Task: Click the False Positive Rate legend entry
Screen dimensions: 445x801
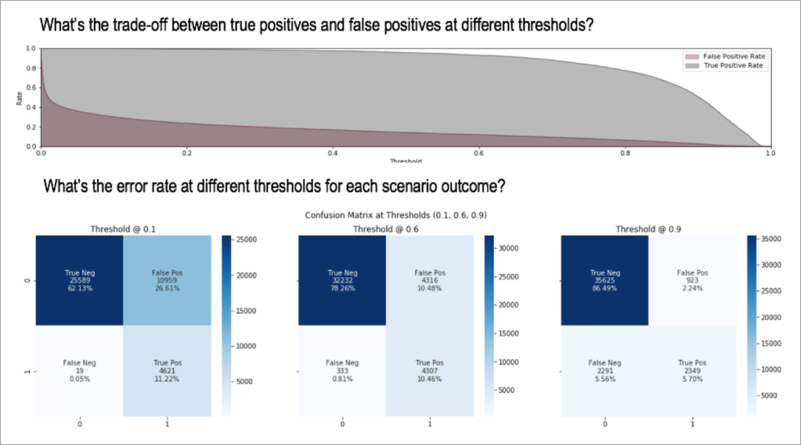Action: (x=734, y=56)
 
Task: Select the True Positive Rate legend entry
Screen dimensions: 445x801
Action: (x=734, y=64)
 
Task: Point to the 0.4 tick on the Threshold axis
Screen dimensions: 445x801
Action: (x=332, y=153)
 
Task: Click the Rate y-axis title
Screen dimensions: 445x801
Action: (x=20, y=97)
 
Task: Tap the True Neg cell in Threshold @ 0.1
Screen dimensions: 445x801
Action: (x=80, y=281)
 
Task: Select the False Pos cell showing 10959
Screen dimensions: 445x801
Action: (x=168, y=281)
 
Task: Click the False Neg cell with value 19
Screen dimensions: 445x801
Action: (x=80, y=371)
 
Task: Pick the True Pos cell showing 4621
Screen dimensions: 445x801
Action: (x=168, y=371)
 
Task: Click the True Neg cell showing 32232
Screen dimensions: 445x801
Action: (x=343, y=281)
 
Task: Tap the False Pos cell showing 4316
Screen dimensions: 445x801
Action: (x=430, y=281)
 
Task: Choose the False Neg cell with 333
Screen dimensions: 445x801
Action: (x=343, y=371)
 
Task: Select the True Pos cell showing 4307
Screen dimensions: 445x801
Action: (x=430, y=371)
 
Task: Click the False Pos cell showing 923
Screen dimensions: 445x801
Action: (x=693, y=281)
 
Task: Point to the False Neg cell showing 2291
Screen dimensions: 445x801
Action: (x=605, y=371)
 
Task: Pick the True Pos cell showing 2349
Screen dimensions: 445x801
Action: (x=693, y=371)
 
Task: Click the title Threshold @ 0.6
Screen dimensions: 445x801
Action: (x=386, y=229)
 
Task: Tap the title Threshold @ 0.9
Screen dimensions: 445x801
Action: (x=649, y=229)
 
